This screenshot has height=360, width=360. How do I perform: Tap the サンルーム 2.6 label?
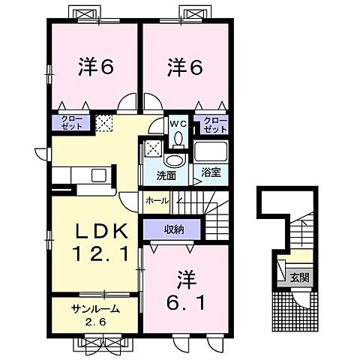point(94,313)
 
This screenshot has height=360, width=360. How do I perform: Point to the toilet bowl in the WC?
point(178,139)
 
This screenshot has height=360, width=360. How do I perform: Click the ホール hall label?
point(157,202)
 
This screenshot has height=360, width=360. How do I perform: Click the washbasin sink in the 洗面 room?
point(173,160)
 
